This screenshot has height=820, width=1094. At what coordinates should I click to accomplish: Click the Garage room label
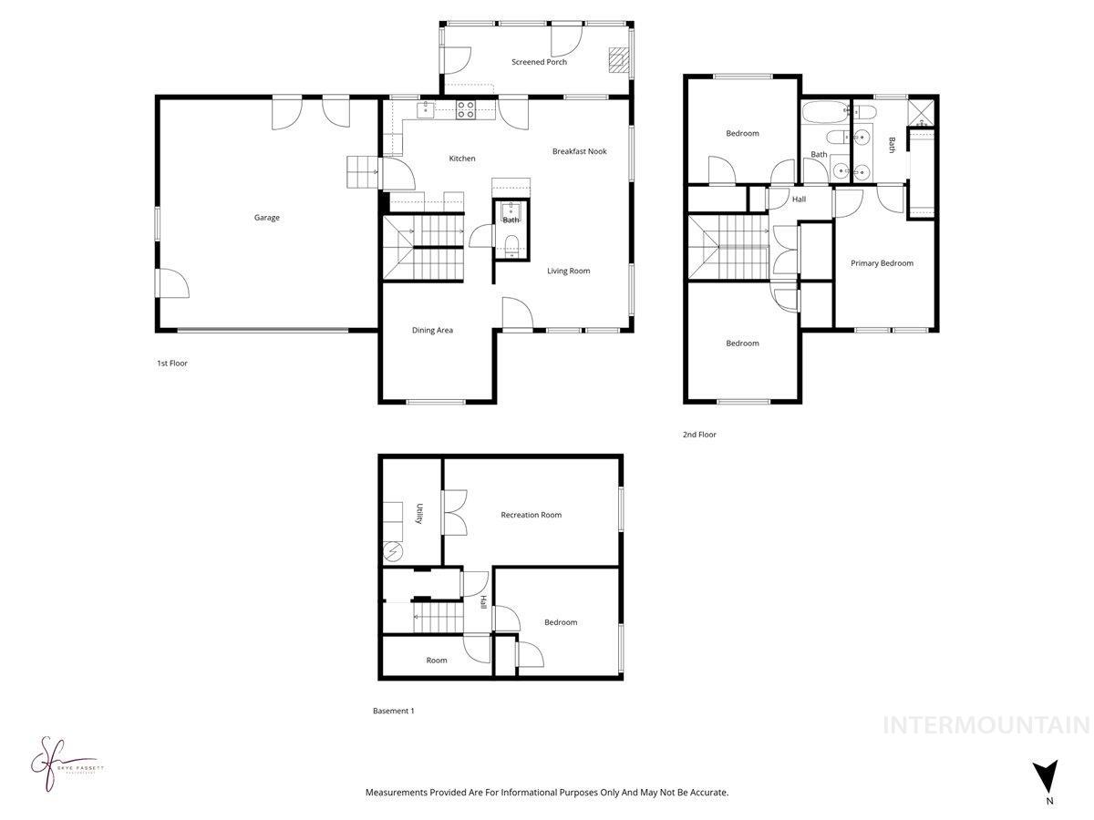[267, 218]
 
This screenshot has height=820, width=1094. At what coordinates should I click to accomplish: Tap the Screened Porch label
[539, 62]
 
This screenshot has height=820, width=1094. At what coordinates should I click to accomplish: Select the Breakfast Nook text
[579, 151]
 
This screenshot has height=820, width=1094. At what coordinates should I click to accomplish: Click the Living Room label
[568, 271]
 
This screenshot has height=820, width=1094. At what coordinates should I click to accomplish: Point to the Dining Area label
[432, 331]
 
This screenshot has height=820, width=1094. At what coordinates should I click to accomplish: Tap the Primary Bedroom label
[882, 263]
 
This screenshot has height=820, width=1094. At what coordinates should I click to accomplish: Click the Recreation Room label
[531, 515]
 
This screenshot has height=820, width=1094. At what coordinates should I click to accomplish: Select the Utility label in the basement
[419, 514]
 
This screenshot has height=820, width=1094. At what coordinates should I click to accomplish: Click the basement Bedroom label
[561, 622]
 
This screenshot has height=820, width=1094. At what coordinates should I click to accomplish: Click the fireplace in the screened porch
[618, 59]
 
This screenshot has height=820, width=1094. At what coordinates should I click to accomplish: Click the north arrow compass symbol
[1048, 777]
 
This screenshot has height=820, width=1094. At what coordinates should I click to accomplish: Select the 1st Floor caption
[171, 363]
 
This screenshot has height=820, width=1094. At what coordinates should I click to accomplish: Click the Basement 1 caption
[393, 711]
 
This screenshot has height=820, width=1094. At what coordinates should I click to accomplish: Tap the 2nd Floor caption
[699, 435]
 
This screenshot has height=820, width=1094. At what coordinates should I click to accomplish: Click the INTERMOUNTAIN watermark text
[986, 725]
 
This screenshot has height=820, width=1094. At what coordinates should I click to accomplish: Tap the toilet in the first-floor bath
[511, 242]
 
